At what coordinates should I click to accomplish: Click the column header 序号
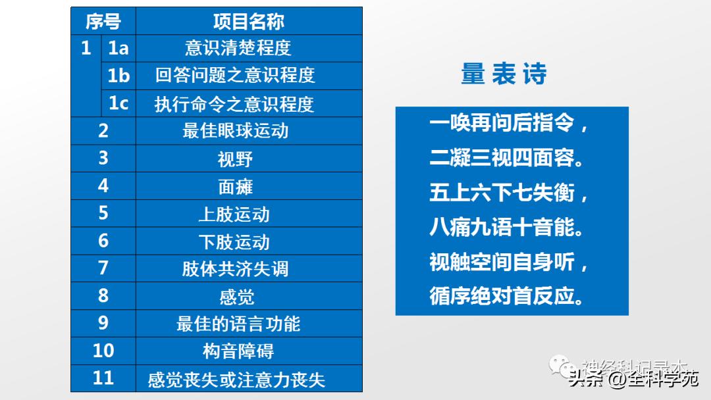point(103,22)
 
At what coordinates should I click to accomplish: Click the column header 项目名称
point(248,22)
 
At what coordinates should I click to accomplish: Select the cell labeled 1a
point(118,49)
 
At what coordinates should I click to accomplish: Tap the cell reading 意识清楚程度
point(238,49)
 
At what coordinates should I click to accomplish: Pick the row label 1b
point(118,76)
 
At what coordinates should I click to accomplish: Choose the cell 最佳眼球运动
point(235,131)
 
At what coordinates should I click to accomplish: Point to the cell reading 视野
point(235,159)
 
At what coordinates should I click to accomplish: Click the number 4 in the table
point(103,186)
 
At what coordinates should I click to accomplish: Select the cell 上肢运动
point(234,214)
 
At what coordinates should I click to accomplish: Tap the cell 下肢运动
point(234,242)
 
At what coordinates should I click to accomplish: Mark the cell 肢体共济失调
point(235,269)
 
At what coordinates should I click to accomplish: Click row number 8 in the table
point(103,296)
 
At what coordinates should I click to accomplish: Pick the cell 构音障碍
point(238,351)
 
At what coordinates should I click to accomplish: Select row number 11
point(103,379)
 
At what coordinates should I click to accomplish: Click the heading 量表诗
point(504,74)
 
